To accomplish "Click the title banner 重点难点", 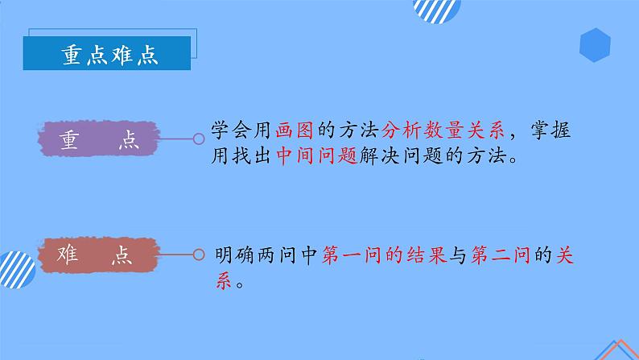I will [x=109, y=54].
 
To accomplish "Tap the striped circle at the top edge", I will [x=436, y=8].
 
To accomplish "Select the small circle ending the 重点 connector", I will [x=199, y=139].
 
